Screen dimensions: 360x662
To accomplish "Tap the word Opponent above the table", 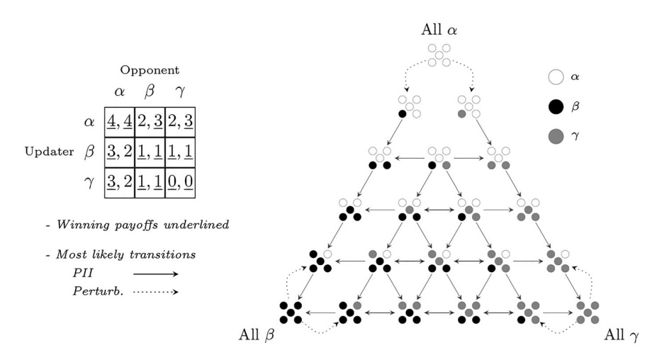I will click(149, 71).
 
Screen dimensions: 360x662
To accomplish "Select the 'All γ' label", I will click(623, 333).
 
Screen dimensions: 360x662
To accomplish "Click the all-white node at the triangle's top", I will click(439, 56).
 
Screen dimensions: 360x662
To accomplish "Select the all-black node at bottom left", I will click(291, 313).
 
